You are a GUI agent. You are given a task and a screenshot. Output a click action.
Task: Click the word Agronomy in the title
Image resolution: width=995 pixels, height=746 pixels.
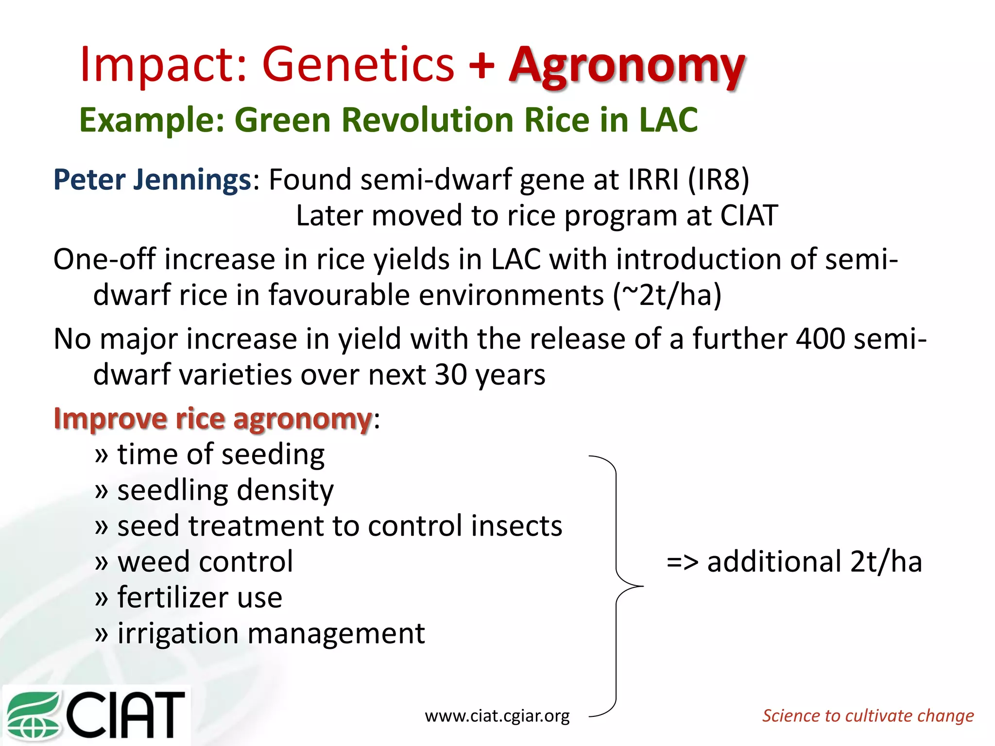click(627, 66)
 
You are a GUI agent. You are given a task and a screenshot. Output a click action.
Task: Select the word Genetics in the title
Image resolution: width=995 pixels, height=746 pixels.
click(358, 65)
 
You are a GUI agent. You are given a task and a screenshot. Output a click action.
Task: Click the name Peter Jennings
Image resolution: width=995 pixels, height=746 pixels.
click(152, 179)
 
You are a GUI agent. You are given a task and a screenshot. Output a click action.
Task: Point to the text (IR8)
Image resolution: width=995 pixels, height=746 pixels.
click(719, 179)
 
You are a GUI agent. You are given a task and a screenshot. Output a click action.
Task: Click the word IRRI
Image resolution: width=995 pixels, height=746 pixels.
click(653, 179)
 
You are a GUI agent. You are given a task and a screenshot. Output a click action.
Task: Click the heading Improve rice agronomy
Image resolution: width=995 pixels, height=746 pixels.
click(213, 418)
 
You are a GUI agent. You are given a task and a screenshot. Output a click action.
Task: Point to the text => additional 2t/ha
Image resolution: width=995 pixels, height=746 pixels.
click(794, 562)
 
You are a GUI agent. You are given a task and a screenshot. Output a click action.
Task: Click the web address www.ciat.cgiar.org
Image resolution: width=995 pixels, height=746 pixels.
click(497, 715)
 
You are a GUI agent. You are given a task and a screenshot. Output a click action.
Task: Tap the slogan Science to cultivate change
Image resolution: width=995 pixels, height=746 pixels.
click(868, 715)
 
